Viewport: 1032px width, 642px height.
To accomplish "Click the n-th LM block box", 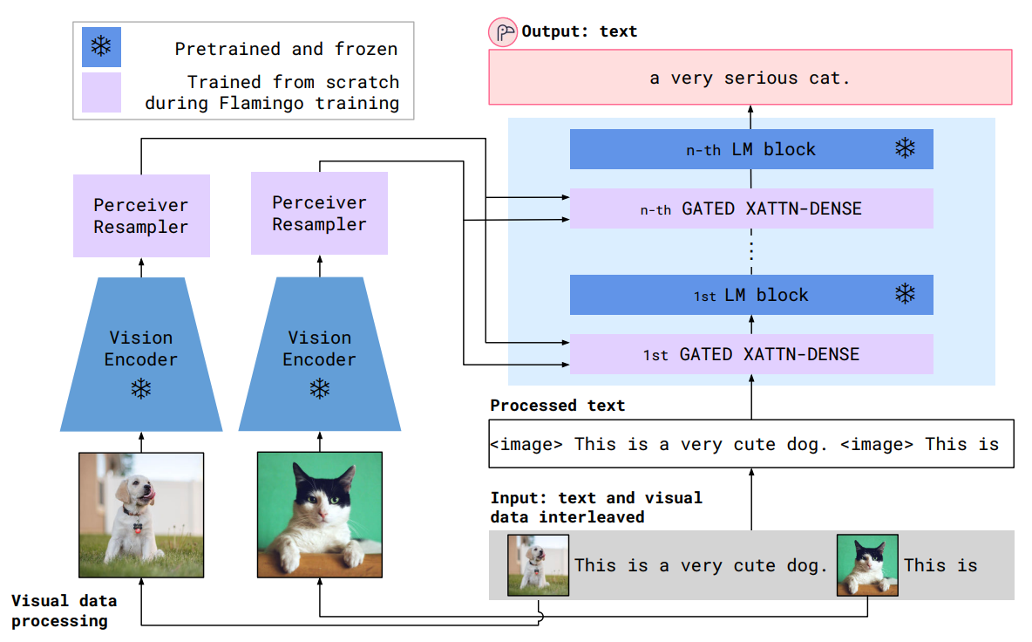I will (x=750, y=149).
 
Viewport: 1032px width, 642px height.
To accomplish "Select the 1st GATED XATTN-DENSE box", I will (x=750, y=354).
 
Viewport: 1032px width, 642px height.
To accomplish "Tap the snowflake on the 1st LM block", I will (x=906, y=294).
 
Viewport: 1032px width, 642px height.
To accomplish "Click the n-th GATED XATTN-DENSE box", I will (x=750, y=209).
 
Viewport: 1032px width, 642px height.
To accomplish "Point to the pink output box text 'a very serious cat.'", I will (x=750, y=78).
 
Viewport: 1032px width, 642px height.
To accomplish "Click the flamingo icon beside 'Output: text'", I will (x=503, y=32).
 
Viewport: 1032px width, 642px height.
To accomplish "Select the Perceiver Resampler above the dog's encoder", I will (x=141, y=215).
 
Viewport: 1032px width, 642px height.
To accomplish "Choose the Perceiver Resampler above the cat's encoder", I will (x=319, y=213).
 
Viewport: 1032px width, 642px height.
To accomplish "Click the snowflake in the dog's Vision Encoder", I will (x=141, y=389).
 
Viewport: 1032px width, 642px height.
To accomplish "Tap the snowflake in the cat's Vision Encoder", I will (x=320, y=389).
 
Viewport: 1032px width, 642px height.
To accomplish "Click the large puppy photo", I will (x=141, y=515).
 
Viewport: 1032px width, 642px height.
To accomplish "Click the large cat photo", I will (x=320, y=515).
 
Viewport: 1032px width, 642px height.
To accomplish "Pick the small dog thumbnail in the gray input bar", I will (x=539, y=565).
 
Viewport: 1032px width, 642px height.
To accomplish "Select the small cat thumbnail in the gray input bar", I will (x=867, y=565).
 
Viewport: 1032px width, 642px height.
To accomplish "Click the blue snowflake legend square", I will (x=101, y=48).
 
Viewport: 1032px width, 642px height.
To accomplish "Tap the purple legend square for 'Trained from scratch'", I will (x=101, y=92).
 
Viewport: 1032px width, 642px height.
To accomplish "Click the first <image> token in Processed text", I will (x=526, y=444).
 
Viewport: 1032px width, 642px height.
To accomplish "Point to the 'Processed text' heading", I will (x=557, y=406).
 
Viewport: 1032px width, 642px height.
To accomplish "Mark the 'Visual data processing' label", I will (x=64, y=611).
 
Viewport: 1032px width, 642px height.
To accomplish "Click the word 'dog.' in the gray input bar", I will (x=806, y=565).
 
